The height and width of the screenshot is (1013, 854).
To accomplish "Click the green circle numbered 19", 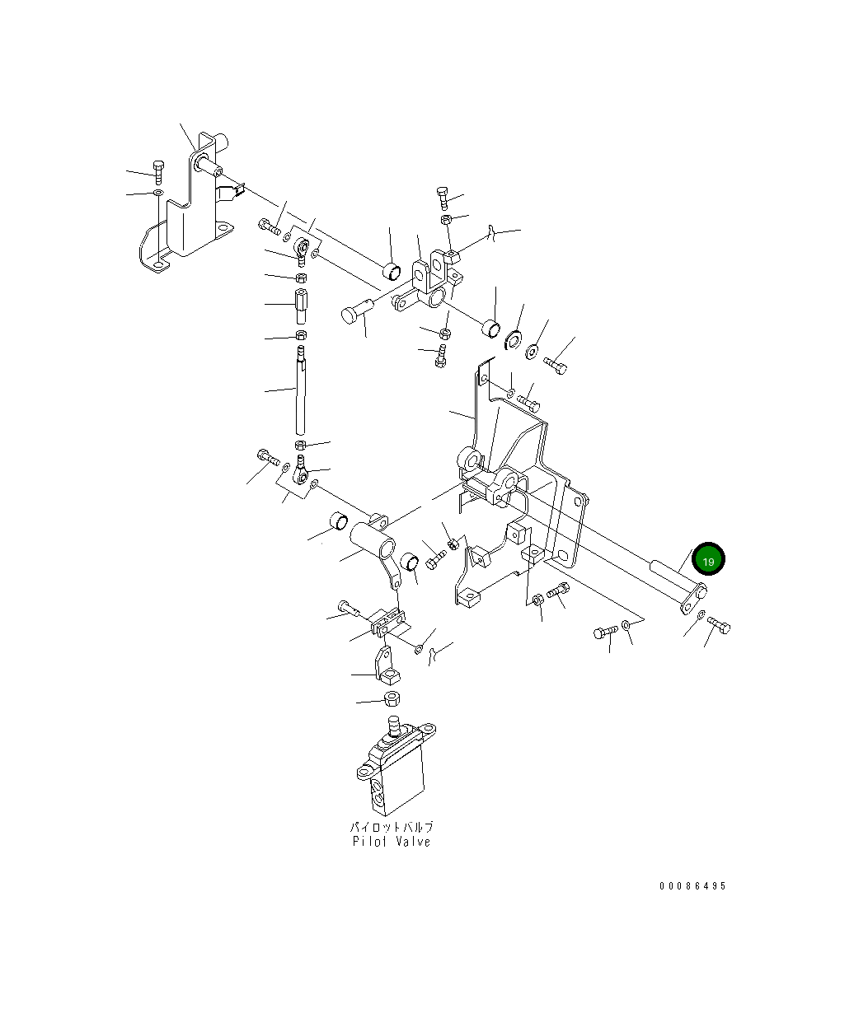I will click(x=708, y=560).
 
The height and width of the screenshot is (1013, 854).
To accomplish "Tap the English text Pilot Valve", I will click(x=391, y=842).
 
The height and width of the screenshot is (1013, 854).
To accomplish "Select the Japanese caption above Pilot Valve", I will click(x=391, y=826).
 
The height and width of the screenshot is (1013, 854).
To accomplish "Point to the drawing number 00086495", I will click(x=692, y=886).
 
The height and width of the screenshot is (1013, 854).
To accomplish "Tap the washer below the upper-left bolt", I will click(x=157, y=194).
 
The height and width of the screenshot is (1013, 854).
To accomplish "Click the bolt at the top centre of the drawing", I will click(x=443, y=198).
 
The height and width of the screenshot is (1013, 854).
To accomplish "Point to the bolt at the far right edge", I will click(x=719, y=625).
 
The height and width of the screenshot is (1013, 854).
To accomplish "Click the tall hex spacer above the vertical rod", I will click(x=301, y=306).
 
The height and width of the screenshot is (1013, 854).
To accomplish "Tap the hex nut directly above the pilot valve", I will click(x=393, y=700).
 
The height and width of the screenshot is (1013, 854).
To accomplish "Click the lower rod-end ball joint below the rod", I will click(x=302, y=473).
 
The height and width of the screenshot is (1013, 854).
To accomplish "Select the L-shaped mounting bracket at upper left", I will click(x=185, y=214).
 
